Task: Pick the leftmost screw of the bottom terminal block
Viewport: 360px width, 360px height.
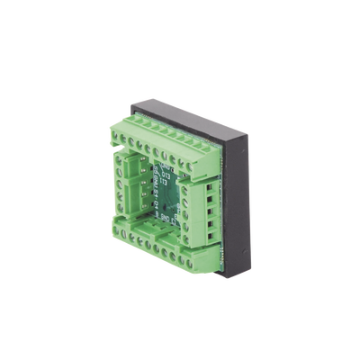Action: (x=116, y=231)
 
